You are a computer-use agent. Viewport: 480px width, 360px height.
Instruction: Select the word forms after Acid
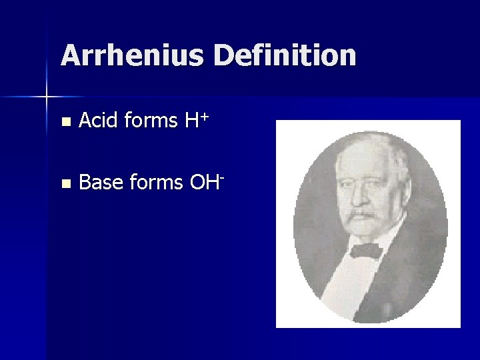151,121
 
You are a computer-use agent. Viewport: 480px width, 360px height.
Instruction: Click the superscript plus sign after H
205,117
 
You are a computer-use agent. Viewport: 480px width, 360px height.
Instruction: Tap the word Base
101,182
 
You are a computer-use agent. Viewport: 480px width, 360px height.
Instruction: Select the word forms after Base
159,182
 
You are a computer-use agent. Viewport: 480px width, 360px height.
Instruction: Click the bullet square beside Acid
64,122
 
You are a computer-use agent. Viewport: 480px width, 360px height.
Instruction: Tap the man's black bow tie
365,251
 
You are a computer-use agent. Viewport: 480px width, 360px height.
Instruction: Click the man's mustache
363,215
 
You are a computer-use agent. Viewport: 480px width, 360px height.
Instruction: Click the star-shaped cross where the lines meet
47,97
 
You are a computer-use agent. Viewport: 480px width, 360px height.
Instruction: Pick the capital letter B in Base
85,182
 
